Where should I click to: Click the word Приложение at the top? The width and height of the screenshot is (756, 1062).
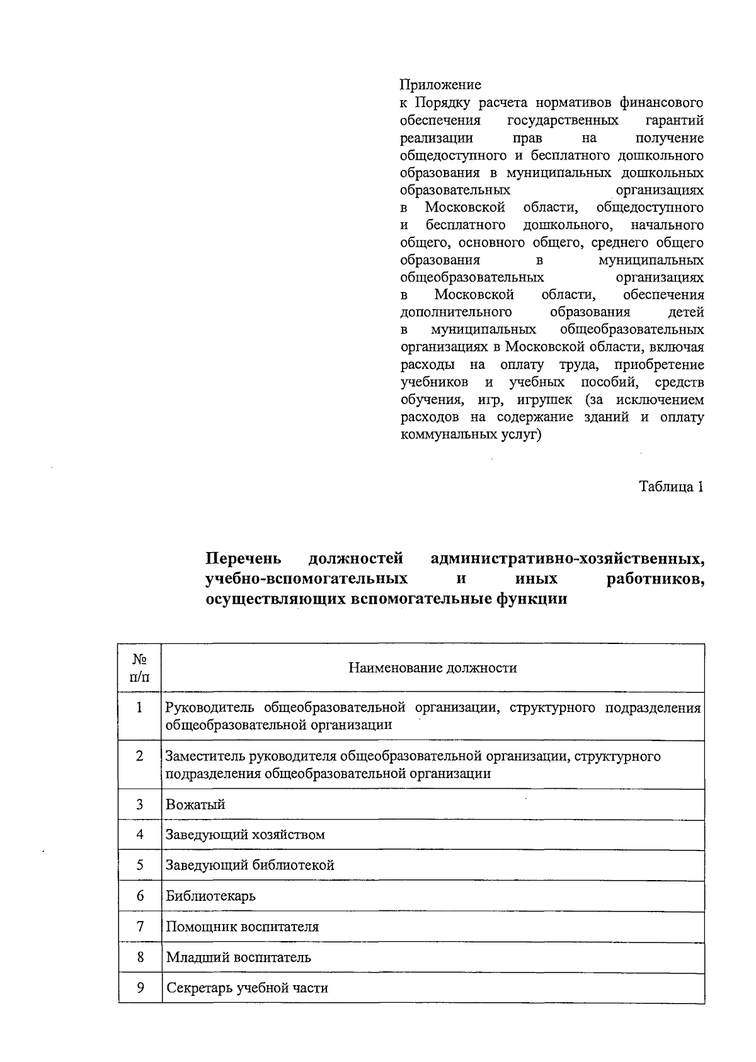click(x=440, y=84)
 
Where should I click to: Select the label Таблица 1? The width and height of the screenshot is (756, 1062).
click(x=671, y=487)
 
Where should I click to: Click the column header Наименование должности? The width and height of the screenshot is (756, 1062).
click(x=433, y=668)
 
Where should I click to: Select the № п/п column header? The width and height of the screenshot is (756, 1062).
click(x=140, y=668)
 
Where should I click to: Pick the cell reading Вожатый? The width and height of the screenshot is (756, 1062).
click(x=195, y=805)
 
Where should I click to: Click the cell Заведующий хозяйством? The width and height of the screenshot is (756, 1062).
click(x=245, y=835)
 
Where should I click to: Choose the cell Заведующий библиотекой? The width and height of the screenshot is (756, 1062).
click(x=249, y=865)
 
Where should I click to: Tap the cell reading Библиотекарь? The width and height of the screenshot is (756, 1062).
click(x=210, y=896)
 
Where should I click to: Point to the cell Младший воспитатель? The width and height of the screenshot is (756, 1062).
click(x=238, y=957)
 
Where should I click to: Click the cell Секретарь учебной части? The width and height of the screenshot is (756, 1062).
click(x=247, y=988)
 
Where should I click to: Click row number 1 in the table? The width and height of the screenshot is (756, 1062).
click(x=139, y=708)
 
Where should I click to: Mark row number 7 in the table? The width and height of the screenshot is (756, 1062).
click(x=140, y=926)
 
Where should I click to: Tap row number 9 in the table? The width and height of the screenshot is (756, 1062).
click(x=140, y=988)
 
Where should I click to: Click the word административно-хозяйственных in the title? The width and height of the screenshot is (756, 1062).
click(x=567, y=558)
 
